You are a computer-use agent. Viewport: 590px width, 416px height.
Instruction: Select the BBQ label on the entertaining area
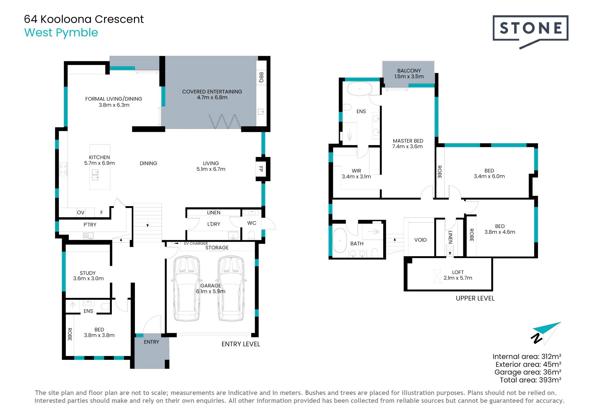(261, 77)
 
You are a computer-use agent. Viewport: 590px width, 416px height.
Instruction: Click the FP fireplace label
(261, 169)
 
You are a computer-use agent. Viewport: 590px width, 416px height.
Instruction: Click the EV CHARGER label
(196, 243)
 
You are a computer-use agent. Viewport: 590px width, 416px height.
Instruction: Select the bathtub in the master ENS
(359, 89)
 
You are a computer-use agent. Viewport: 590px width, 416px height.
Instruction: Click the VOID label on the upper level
(420, 240)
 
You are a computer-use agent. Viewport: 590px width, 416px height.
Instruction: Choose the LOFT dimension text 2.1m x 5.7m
(458, 278)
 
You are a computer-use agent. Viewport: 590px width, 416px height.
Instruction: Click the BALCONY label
(409, 71)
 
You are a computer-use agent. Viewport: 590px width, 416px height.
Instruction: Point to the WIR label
(356, 171)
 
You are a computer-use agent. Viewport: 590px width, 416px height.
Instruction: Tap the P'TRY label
(90, 225)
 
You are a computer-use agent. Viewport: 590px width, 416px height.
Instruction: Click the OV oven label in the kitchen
(81, 213)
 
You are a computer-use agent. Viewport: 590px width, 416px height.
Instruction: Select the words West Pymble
(61, 33)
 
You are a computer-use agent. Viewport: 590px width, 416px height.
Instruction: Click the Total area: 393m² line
(530, 380)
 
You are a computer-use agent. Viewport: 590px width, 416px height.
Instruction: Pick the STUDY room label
(88, 273)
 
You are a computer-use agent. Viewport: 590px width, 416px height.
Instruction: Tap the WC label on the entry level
(252, 223)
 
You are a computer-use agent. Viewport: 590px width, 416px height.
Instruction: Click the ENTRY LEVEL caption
(241, 344)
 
